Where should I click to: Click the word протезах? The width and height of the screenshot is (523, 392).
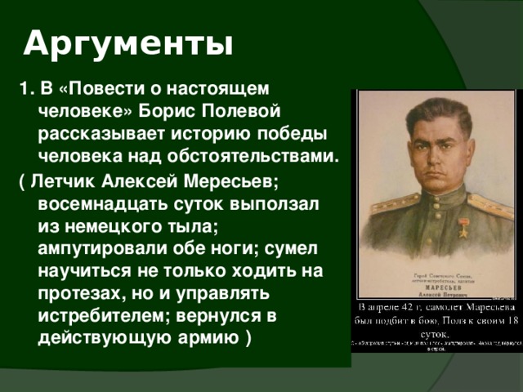(81, 292)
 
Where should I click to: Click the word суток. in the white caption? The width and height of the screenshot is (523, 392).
(435, 333)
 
